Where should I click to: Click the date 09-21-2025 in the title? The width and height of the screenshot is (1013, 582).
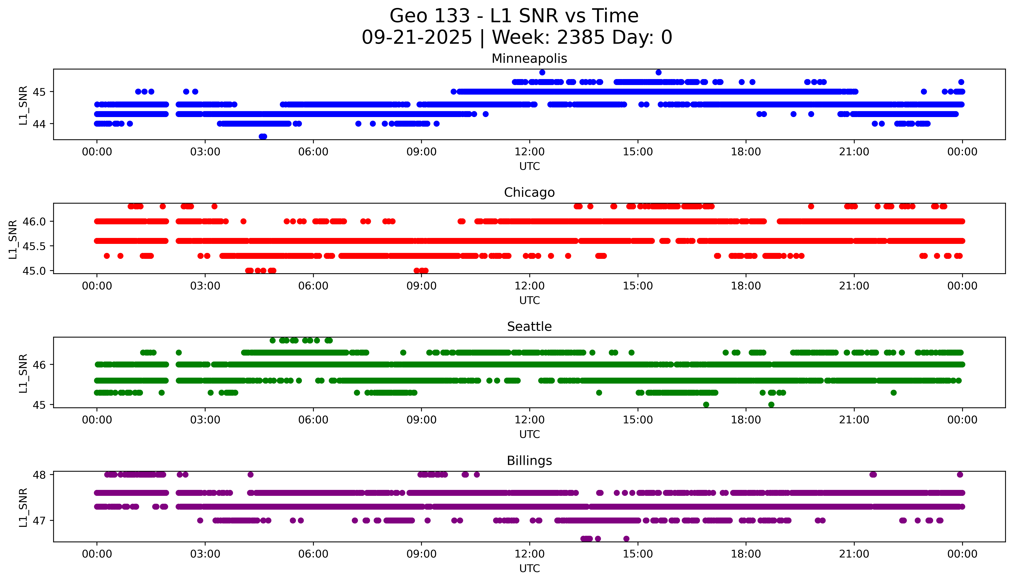[x=416, y=38]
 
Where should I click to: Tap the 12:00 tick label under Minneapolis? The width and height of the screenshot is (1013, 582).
[x=529, y=152]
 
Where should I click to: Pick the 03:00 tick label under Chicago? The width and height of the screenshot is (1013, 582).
[x=205, y=286]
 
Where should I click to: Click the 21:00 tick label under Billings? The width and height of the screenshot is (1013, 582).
[x=854, y=554]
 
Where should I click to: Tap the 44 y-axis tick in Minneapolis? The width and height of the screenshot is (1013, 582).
[x=39, y=124]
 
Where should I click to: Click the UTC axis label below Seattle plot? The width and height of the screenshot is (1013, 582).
[x=529, y=434]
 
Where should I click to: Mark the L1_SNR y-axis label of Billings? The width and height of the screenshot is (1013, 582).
[x=23, y=507]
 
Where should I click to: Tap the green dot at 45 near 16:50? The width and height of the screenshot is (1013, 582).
[x=706, y=405]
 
